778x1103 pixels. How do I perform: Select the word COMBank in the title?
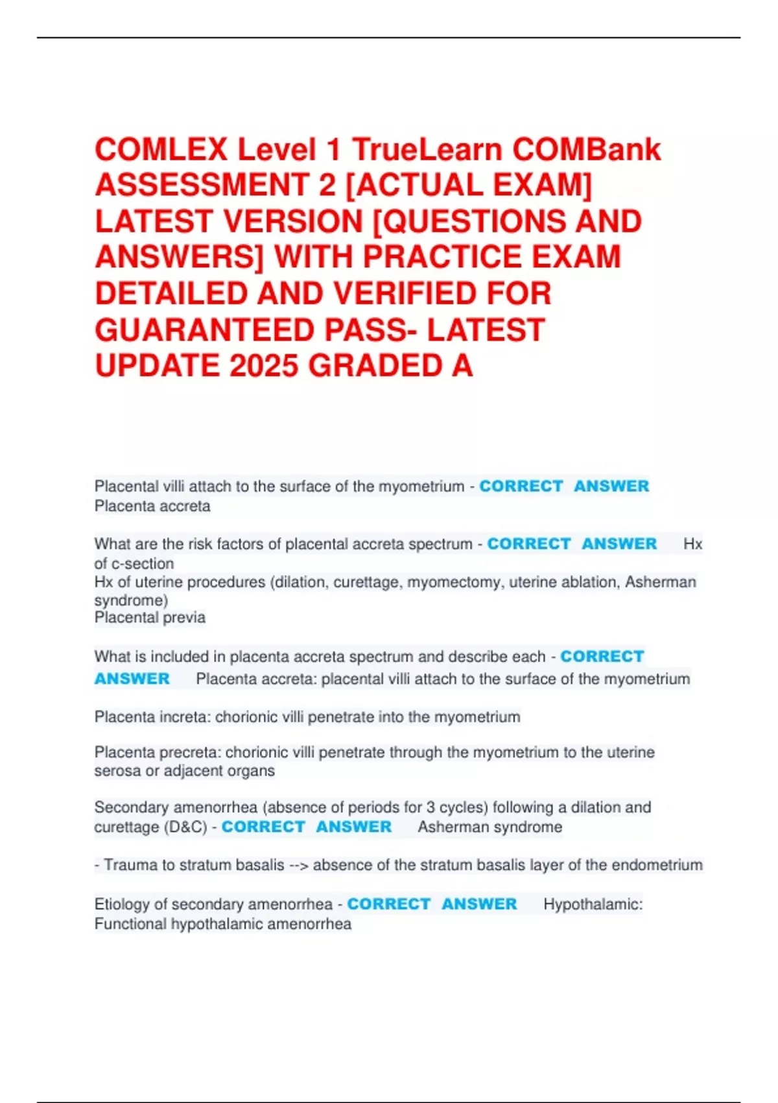coord(587,150)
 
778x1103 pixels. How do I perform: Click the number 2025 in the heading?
coord(264,366)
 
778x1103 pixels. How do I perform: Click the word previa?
coord(184,618)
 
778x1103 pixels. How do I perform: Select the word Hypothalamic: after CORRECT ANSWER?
coord(593,904)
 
